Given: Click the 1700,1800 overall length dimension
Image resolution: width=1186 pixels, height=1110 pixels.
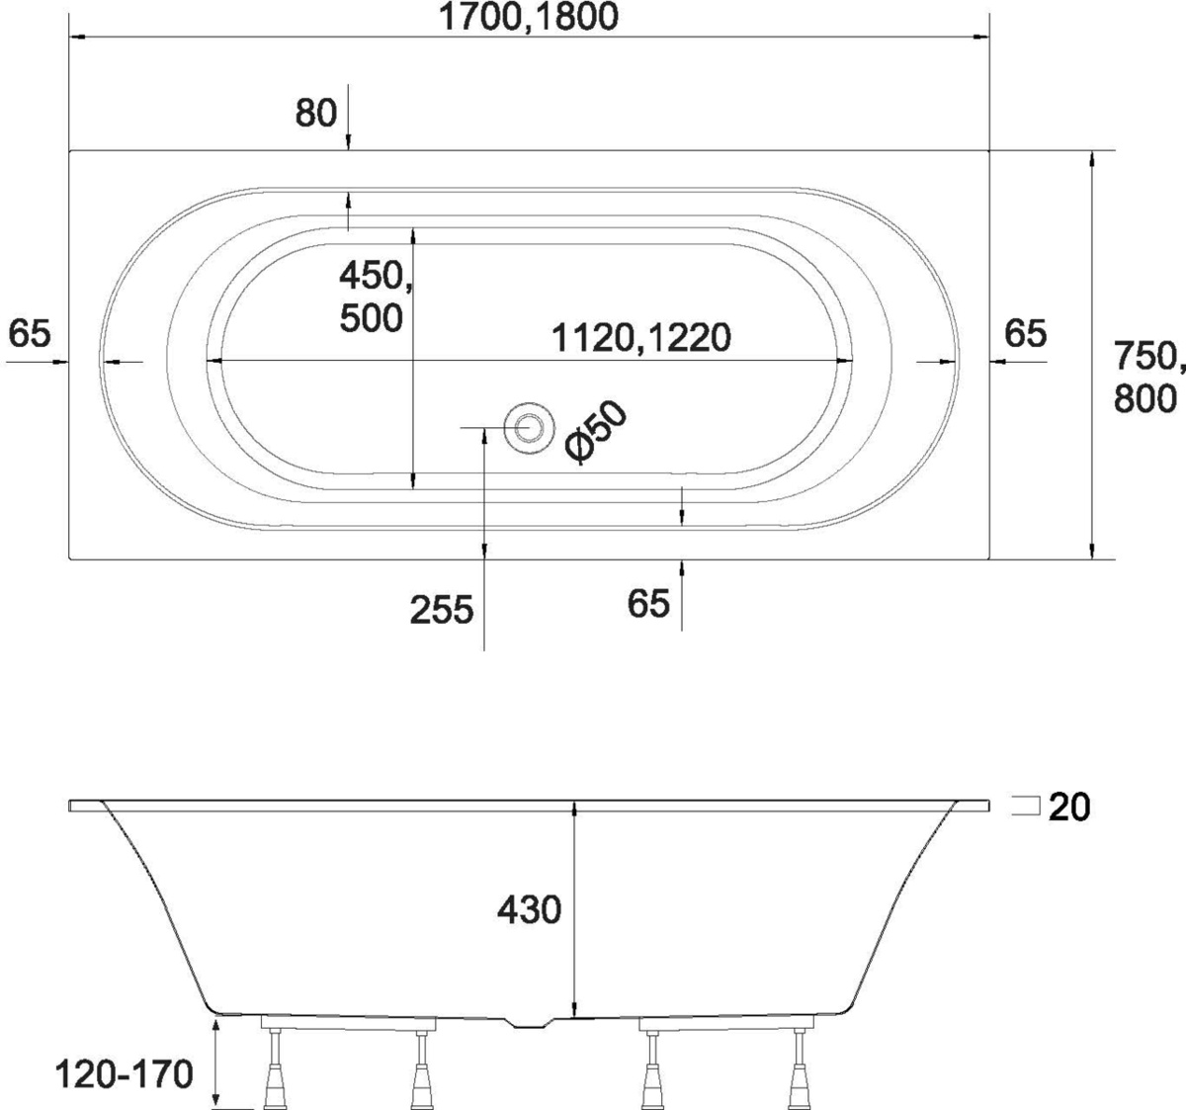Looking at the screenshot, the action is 529,17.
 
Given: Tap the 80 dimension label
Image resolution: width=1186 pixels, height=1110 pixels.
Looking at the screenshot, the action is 316,113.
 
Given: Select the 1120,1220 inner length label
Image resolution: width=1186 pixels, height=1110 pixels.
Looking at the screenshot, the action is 640,338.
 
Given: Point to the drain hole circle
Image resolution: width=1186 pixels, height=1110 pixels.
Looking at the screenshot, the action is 529,428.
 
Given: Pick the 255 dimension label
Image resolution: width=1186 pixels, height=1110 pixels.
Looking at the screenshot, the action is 442,610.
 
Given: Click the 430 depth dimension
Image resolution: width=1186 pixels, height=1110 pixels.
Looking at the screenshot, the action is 529,910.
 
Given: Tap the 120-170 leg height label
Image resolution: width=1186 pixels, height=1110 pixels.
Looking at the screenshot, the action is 125,1073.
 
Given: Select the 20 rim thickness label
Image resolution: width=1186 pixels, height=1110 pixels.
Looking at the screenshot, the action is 1069,808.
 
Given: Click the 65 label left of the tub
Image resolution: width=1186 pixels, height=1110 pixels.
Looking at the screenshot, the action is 30,333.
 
